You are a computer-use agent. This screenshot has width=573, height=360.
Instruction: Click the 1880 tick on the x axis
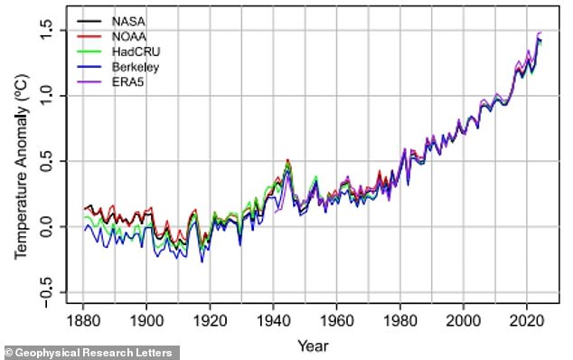click(x=82, y=320)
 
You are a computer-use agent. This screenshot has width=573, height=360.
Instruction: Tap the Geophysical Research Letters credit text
click(x=90, y=352)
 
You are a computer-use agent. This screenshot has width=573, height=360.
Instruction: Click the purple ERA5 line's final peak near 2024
click(x=540, y=33)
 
